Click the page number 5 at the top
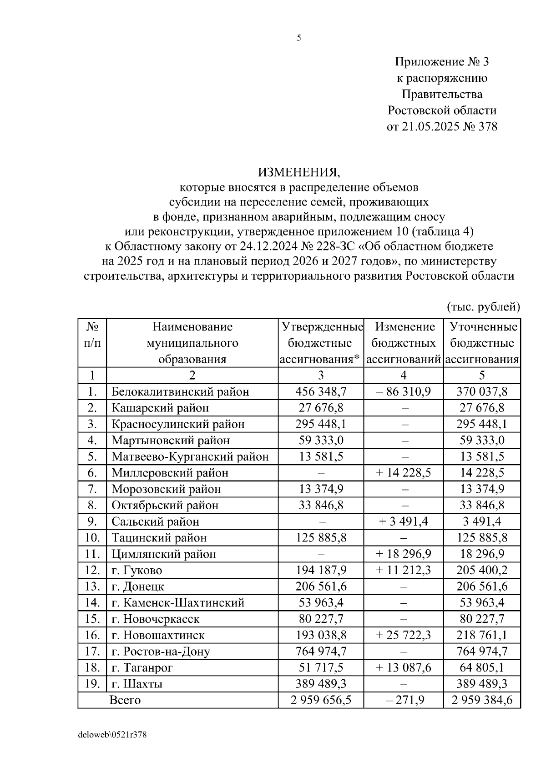click(x=299, y=38)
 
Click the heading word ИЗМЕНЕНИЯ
click(x=299, y=172)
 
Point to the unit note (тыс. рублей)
click(x=483, y=307)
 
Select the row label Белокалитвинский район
click(x=180, y=391)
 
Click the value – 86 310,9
click(x=404, y=391)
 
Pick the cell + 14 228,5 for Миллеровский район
click(x=404, y=473)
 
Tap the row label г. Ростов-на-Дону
click(x=161, y=652)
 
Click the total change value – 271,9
click(x=404, y=700)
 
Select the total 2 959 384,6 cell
click(x=482, y=700)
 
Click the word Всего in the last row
click(x=125, y=700)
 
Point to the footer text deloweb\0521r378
click(x=113, y=735)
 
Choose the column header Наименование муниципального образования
click(x=192, y=343)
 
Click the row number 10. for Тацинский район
click(x=92, y=538)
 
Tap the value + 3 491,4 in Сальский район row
click(x=404, y=521)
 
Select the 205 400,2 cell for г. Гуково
click(x=482, y=570)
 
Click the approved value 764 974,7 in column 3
click(x=321, y=652)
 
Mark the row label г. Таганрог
click(x=142, y=668)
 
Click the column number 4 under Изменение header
click(x=404, y=375)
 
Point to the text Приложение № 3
click(x=442, y=61)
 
